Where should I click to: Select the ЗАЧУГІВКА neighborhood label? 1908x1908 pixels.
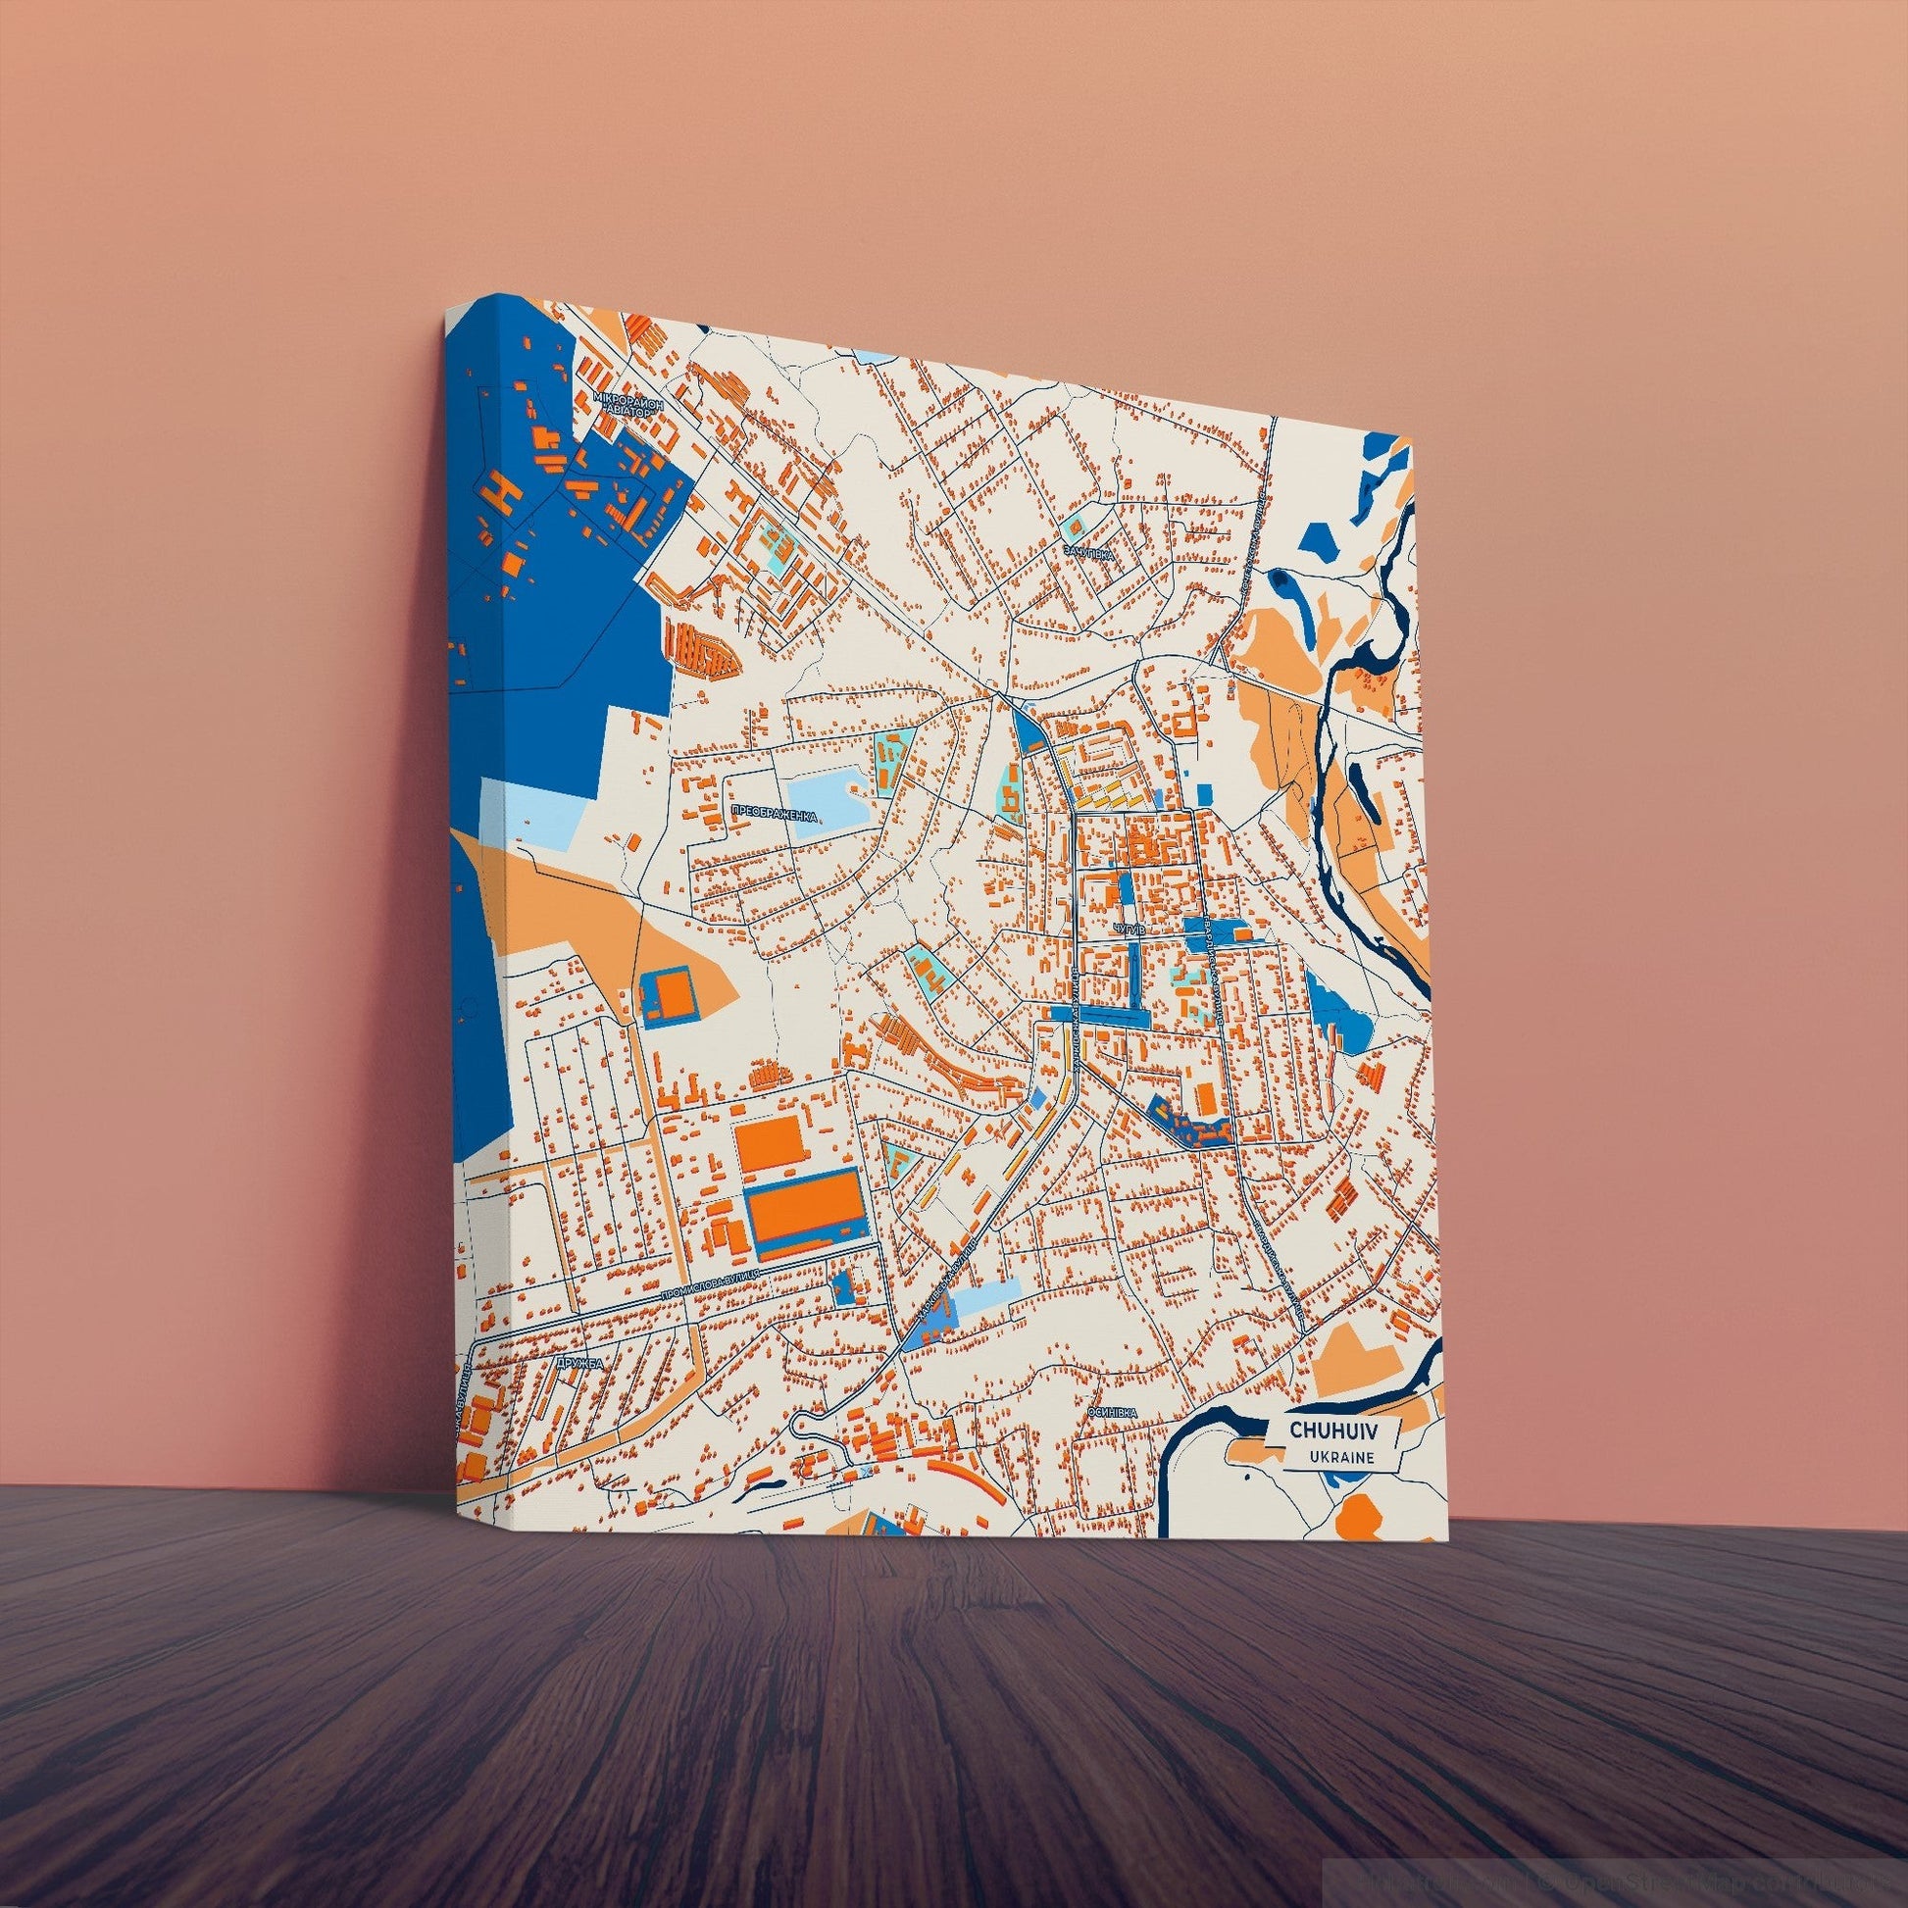(1087, 554)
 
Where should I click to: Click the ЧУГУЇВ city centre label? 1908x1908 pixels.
(1128, 929)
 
